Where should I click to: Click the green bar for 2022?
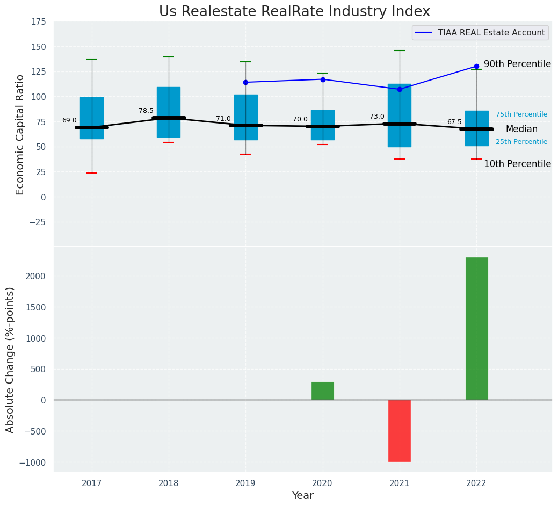pyautogui.click(x=476, y=328)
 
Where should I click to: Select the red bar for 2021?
pyautogui.click(x=400, y=430)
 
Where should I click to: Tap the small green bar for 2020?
pyautogui.click(x=323, y=391)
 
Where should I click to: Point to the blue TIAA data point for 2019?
pyautogui.click(x=246, y=82)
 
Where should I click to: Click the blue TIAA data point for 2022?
pyautogui.click(x=476, y=66)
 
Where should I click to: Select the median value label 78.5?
pyautogui.click(x=146, y=111)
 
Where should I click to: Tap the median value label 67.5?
pyautogui.click(x=454, y=122)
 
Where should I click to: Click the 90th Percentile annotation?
pyautogui.click(x=517, y=64)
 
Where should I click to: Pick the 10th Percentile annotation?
pyautogui.click(x=517, y=164)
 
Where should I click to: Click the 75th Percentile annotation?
pyautogui.click(x=521, y=114)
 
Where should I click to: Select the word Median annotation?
pyautogui.click(x=521, y=129)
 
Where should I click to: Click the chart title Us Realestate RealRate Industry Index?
pyautogui.click(x=294, y=12)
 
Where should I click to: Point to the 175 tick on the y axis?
pyautogui.click(x=39, y=22)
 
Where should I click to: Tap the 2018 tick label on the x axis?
pyautogui.click(x=169, y=483)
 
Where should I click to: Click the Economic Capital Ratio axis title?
pyautogui.click(x=20, y=134)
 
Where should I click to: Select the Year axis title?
pyautogui.click(x=303, y=496)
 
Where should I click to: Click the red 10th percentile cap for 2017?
pyautogui.click(x=92, y=173)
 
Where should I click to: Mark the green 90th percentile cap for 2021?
pyautogui.click(x=400, y=50)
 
